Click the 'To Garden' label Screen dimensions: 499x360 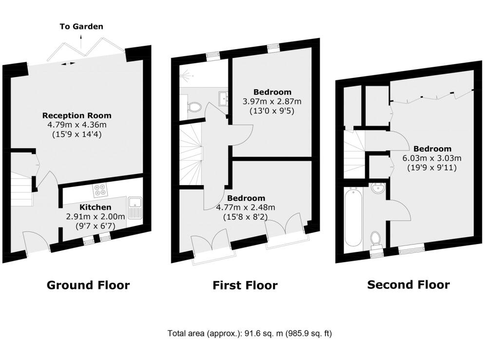[x=81, y=26]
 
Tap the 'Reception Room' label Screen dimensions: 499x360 [x=77, y=115]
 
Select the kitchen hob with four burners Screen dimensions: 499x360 [x=100, y=190]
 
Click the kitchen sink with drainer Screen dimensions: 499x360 [x=135, y=208]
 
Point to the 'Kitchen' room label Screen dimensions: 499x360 [x=95, y=208]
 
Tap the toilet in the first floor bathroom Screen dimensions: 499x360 [x=193, y=107]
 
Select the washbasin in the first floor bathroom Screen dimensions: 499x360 [x=223, y=98]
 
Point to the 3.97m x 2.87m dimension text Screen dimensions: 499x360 [x=272, y=102]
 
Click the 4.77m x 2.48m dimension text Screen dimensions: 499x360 [x=246, y=208]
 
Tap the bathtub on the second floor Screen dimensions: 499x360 [x=353, y=217]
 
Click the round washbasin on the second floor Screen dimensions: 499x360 [x=378, y=188]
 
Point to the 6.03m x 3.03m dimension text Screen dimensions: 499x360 [x=432, y=158]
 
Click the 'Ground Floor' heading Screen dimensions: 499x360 [x=88, y=285]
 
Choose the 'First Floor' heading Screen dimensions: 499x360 [x=245, y=285]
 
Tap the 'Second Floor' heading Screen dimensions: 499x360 [x=409, y=284]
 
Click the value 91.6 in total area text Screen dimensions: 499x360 [x=250, y=333]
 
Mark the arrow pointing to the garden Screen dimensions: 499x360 [x=81, y=42]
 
